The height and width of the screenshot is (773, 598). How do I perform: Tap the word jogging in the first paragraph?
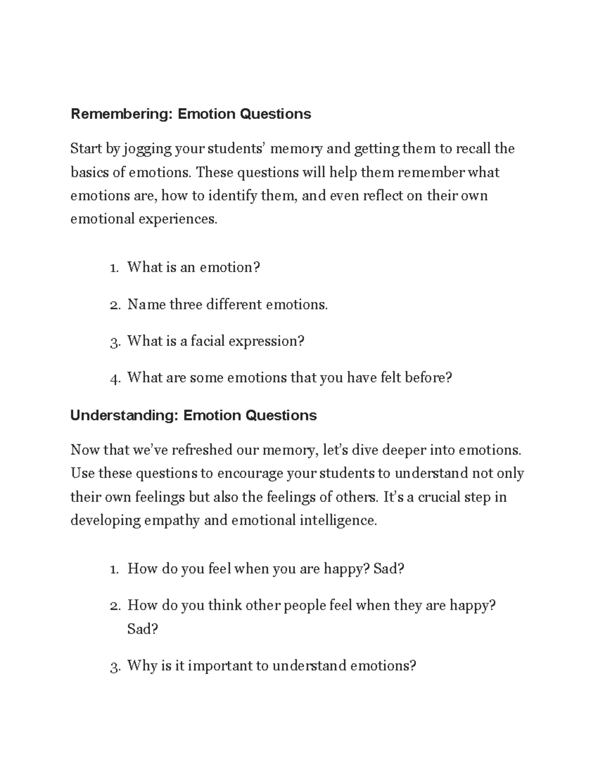[147, 149]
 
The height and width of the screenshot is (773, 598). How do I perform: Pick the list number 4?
[115, 378]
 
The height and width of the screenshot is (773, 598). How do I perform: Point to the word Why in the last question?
[142, 665]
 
